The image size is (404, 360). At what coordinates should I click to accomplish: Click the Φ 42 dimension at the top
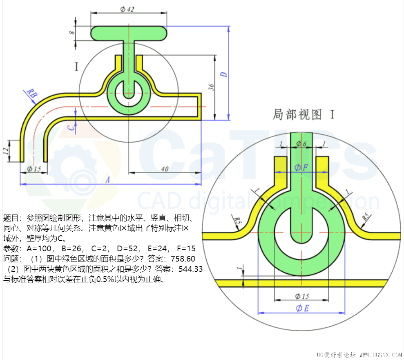tap(127, 9)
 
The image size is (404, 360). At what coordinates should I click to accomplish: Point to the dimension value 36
tap(211, 87)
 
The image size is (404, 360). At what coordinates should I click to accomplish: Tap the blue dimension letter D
tap(223, 74)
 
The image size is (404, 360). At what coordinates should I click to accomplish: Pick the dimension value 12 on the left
tap(6, 150)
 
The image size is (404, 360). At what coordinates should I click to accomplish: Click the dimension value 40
tap(165, 168)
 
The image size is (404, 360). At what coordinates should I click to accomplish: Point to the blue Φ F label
tap(301, 167)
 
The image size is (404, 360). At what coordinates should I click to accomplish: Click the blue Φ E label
tap(302, 308)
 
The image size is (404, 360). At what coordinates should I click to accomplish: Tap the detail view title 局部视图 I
tap(303, 115)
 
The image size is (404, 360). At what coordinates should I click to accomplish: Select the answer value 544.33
tap(188, 269)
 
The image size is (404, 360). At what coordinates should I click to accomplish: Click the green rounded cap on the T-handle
tap(128, 33)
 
